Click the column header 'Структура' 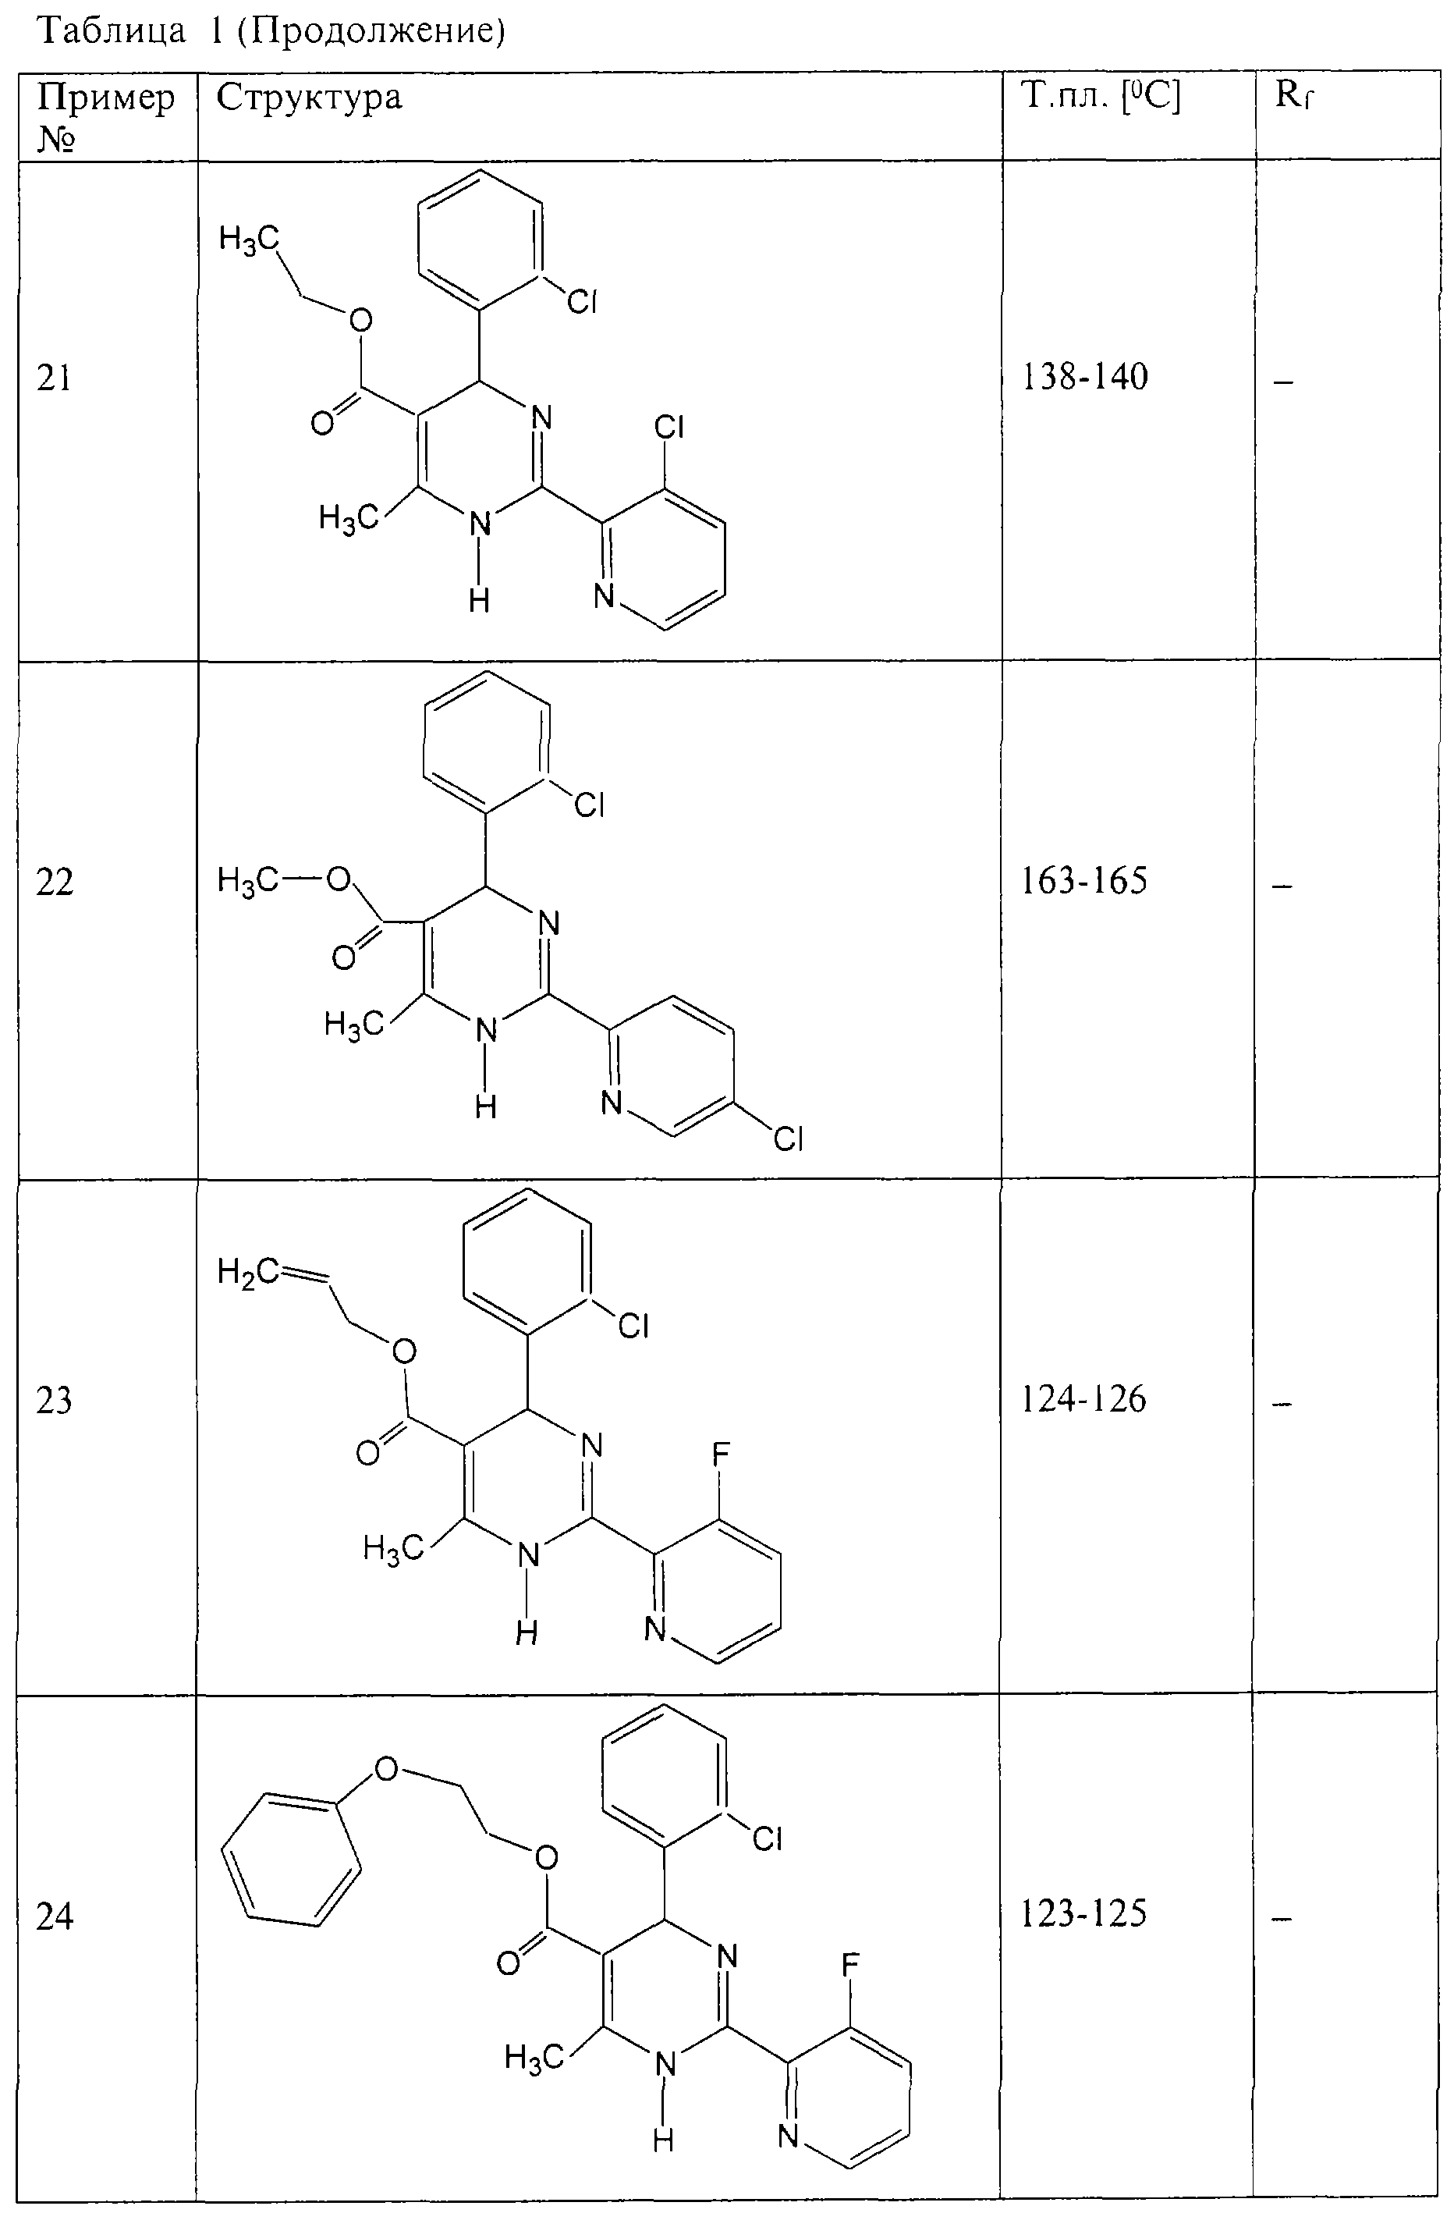(309, 98)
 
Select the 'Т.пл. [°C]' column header (1101, 96)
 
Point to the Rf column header (1293, 95)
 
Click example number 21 (54, 378)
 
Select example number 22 (54, 882)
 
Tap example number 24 (54, 1916)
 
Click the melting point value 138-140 (1084, 377)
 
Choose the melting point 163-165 (1084, 879)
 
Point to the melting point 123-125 (1084, 1913)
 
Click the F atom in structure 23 (721, 1452)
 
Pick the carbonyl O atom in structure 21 (323, 423)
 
